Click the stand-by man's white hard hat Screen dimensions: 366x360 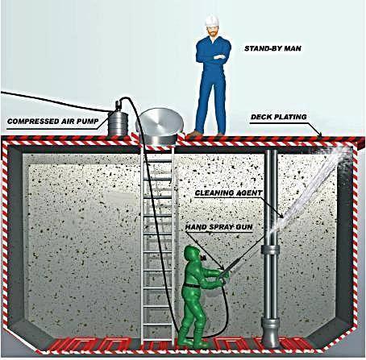coord(211,20)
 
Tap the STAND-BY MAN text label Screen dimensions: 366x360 coord(272,48)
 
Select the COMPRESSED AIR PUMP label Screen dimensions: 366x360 coord(53,122)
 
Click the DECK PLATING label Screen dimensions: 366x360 coord(279,117)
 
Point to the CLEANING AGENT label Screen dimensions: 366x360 coord(228,193)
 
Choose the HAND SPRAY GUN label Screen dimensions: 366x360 coord(218,227)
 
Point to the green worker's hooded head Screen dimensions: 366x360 coord(192,254)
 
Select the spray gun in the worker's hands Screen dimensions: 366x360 coord(229,267)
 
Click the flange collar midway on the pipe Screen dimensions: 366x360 coord(270,250)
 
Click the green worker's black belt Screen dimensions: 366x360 coord(192,286)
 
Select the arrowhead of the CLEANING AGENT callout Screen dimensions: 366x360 coord(281,215)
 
